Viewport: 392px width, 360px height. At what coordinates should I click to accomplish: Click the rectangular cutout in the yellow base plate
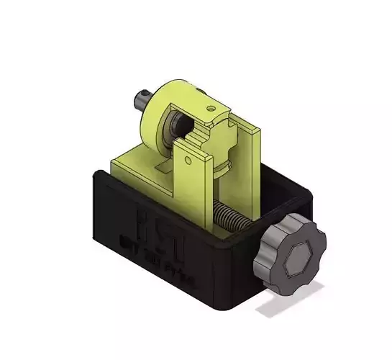pos(164,167)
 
